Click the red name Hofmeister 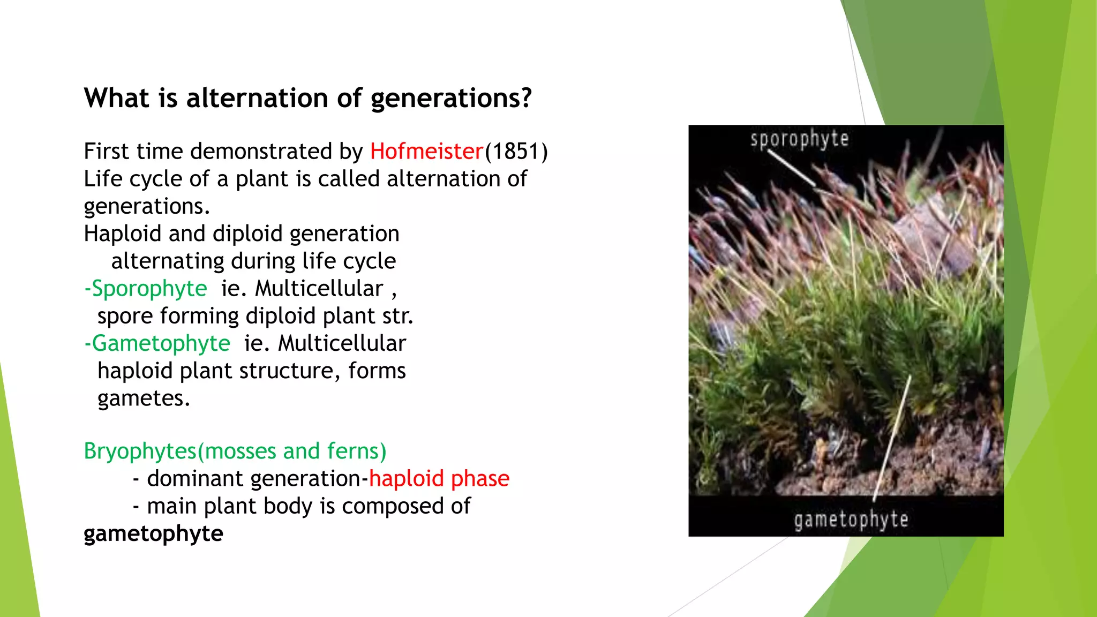426,152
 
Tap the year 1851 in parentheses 516,152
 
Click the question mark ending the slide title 526,98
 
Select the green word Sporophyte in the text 149,289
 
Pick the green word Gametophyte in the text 161,344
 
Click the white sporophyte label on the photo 799,139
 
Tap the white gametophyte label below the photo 851,520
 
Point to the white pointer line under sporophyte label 792,168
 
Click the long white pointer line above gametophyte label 891,439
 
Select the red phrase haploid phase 439,479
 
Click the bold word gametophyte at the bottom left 153,534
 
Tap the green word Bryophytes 140,452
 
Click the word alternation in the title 257,98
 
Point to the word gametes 142,398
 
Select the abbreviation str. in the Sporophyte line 398,316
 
